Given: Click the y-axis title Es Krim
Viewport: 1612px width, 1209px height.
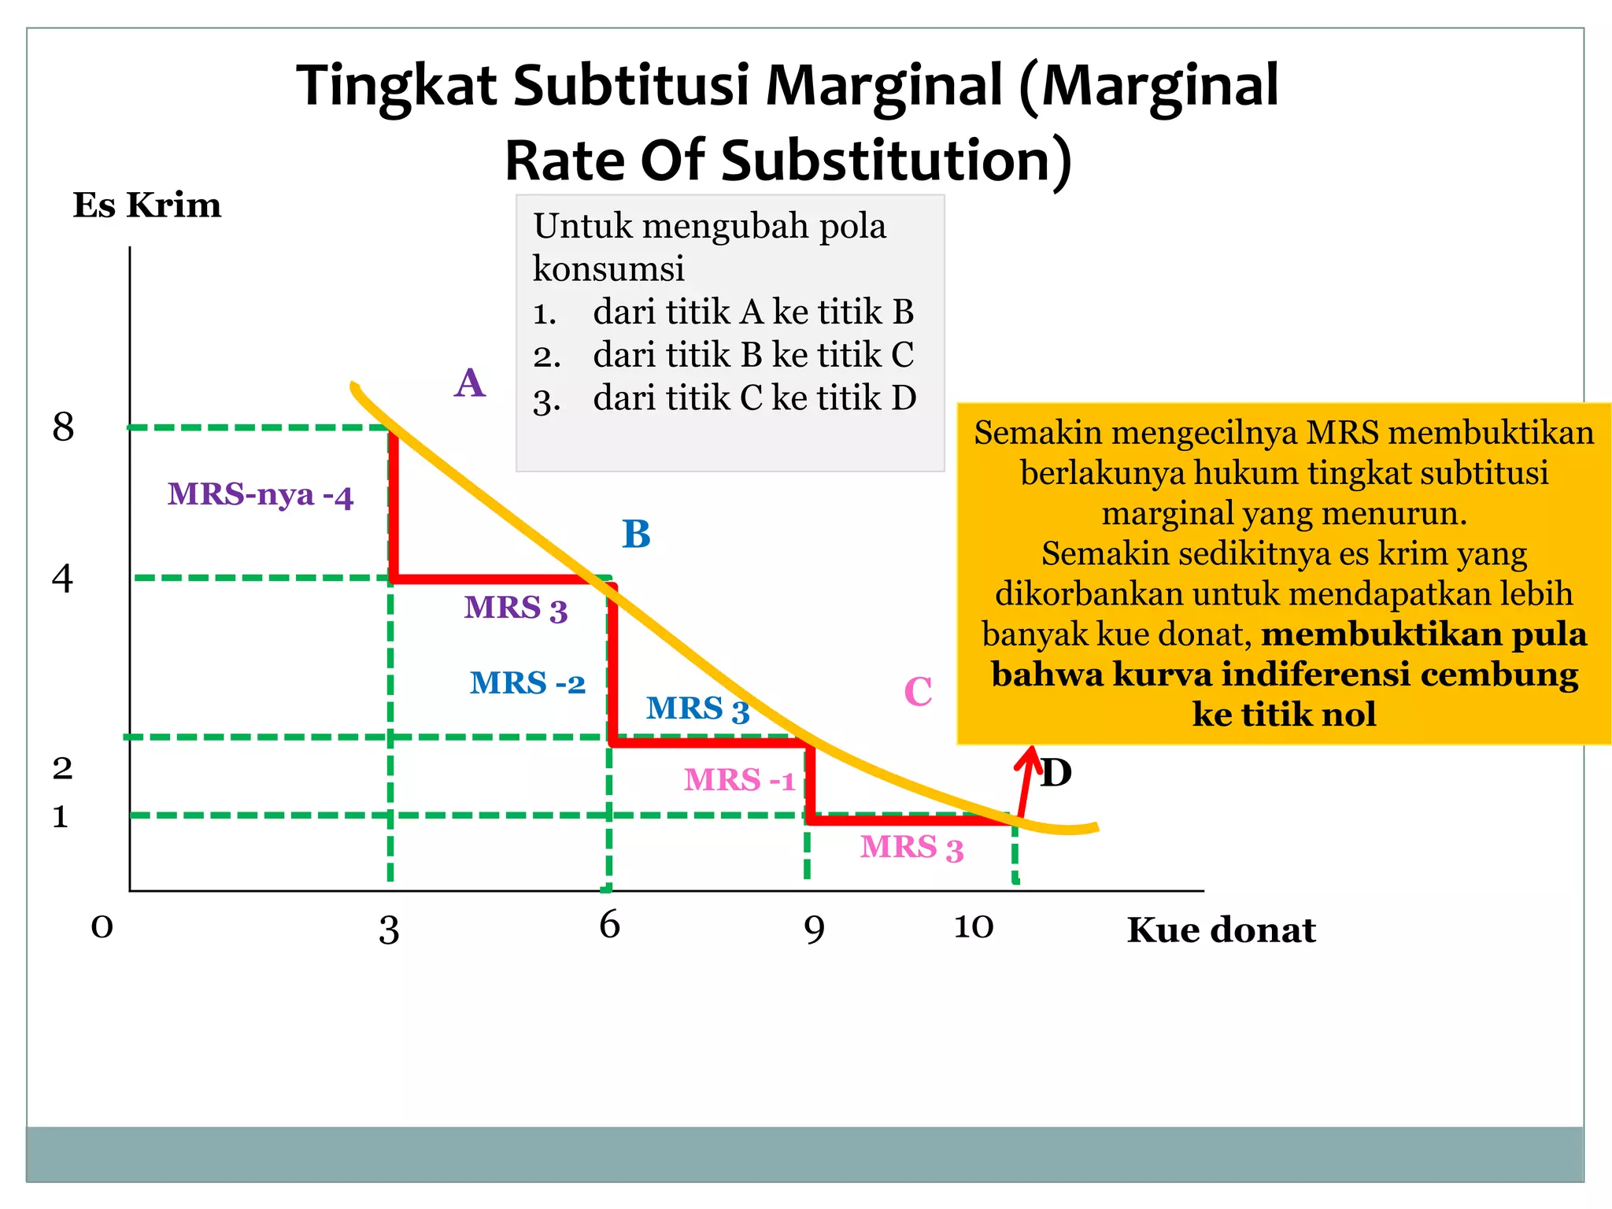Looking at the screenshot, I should (x=147, y=205).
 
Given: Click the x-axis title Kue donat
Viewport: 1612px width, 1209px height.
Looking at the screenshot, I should (x=1221, y=930).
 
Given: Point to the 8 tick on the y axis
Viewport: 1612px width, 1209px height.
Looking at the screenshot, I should (x=63, y=427).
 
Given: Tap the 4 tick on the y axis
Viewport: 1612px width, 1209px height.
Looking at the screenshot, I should (x=62, y=579).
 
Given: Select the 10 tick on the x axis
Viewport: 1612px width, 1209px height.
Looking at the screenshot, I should (x=974, y=927).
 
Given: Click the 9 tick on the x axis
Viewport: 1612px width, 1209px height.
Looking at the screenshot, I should (x=814, y=930).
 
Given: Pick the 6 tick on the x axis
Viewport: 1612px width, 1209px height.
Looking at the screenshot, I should (x=609, y=925).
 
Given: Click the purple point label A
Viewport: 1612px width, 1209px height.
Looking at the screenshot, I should (x=470, y=383).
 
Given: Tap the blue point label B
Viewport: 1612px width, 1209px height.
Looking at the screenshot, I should (x=636, y=534).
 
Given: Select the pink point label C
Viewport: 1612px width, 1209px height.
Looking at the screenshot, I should (x=918, y=693).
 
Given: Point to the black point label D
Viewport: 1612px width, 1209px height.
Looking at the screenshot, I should (x=1056, y=773).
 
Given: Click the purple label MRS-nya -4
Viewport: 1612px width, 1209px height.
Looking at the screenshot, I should (x=261, y=495).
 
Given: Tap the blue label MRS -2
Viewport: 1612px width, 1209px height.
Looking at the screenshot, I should (x=527, y=683).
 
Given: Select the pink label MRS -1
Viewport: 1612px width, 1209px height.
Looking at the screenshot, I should (x=739, y=780).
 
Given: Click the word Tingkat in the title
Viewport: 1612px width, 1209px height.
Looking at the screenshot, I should (x=396, y=87).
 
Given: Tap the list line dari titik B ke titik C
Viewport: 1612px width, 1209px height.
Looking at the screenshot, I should (x=753, y=355).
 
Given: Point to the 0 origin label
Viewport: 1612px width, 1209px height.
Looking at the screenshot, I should (x=102, y=927).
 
